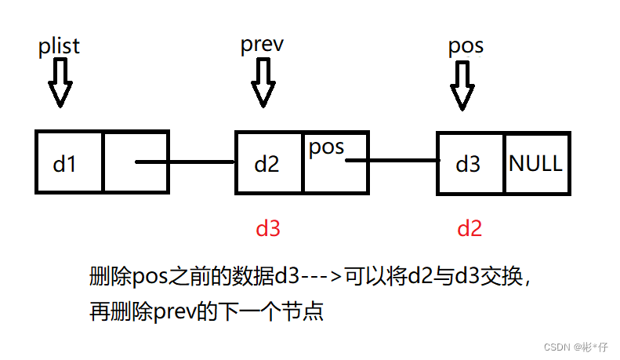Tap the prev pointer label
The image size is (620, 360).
pyautogui.click(x=261, y=45)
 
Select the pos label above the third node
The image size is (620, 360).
pyautogui.click(x=466, y=46)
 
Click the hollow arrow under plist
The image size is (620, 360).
pyautogui.click(x=60, y=85)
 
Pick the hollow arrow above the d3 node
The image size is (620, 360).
pyautogui.click(x=462, y=86)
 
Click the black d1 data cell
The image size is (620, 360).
pyautogui.click(x=67, y=163)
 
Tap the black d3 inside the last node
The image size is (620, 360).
pyautogui.click(x=468, y=164)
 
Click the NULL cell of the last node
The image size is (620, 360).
pyautogui.click(x=535, y=163)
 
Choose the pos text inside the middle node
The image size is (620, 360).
pyautogui.click(x=327, y=147)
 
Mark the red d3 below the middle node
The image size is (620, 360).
pyautogui.click(x=268, y=228)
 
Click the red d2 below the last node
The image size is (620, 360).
pyautogui.click(x=469, y=228)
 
